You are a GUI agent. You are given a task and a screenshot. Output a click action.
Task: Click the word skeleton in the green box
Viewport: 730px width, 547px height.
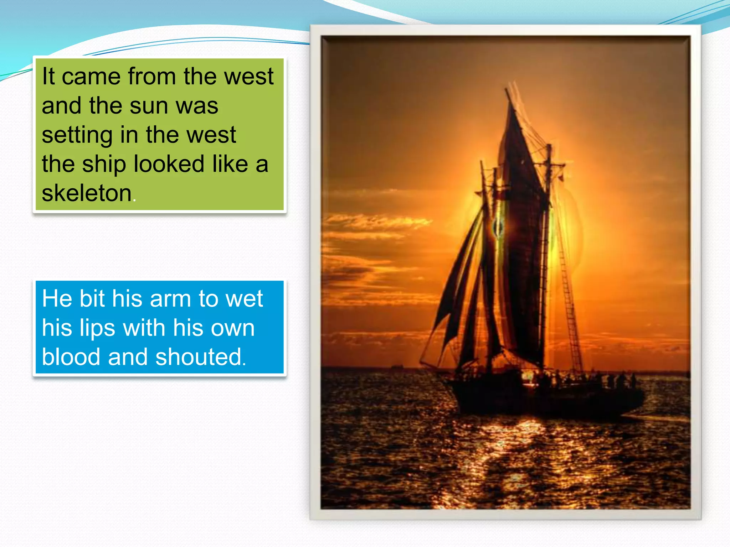[x=87, y=193]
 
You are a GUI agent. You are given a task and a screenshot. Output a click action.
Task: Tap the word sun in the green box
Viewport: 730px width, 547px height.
[x=149, y=106]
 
